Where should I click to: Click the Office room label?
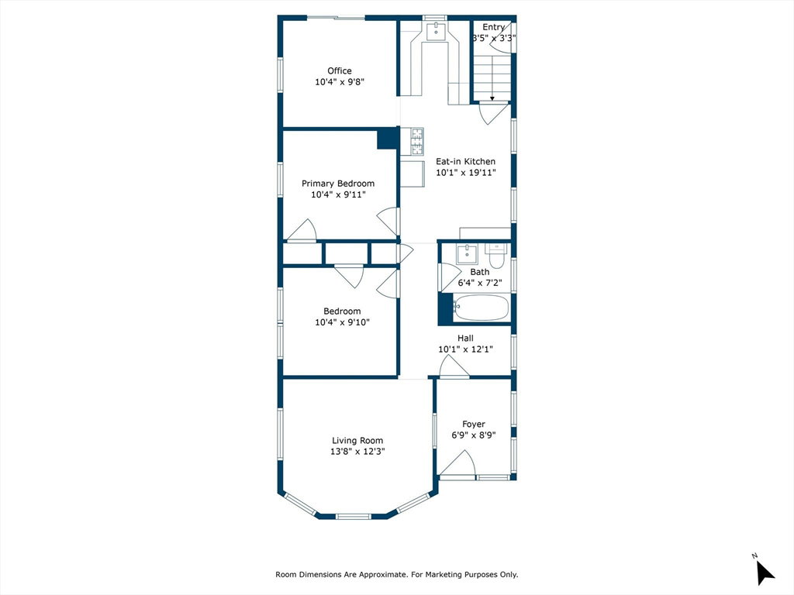click(340, 71)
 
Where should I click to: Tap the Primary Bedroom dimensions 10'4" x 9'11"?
click(338, 194)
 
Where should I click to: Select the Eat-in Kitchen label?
click(466, 161)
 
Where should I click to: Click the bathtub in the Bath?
click(481, 307)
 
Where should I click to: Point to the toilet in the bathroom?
click(495, 256)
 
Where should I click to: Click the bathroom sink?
click(468, 254)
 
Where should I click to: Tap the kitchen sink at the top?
click(436, 31)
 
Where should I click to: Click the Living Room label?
click(357, 441)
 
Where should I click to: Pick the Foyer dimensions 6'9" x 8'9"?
click(474, 435)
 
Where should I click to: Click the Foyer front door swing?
click(457, 463)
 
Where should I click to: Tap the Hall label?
click(465, 338)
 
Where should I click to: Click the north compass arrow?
click(764, 573)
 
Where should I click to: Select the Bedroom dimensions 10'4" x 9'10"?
click(342, 322)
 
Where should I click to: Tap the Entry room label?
click(493, 27)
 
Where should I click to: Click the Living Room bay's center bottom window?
click(354, 517)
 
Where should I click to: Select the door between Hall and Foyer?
click(454, 366)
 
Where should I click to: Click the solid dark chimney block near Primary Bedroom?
click(388, 139)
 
